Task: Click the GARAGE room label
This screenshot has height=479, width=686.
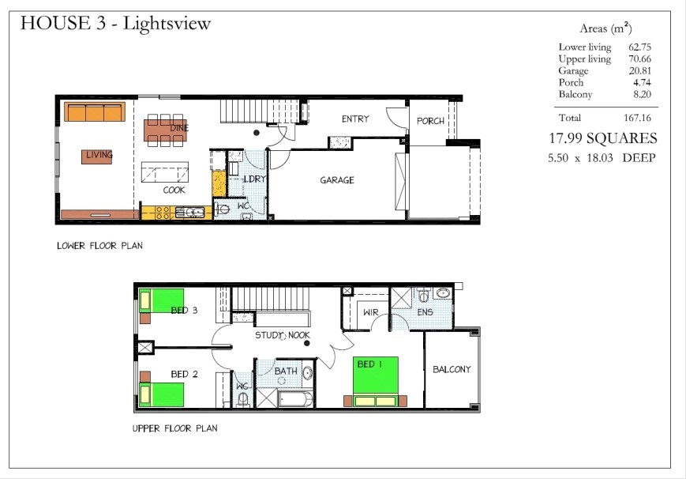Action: tap(337, 180)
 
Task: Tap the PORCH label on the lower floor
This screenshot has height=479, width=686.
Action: tap(430, 121)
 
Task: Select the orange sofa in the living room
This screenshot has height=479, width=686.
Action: tap(95, 111)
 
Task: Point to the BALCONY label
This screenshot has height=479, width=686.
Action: tap(452, 369)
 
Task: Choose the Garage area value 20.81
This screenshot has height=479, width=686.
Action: tap(639, 70)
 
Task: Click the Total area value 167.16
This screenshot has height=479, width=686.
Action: tap(637, 118)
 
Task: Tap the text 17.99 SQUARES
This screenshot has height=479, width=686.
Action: tap(603, 138)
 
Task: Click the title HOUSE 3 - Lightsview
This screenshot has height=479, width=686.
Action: tap(115, 23)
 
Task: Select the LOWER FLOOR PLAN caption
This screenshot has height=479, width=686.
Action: tap(99, 246)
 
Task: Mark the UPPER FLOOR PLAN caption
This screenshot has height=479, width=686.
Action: tap(175, 428)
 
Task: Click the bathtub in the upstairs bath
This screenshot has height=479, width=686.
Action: tap(295, 399)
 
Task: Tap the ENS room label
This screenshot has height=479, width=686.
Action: tap(425, 312)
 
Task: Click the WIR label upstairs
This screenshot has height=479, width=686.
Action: tap(370, 312)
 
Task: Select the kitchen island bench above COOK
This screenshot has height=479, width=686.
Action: tap(165, 172)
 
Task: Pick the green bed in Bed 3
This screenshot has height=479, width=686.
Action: tap(162, 300)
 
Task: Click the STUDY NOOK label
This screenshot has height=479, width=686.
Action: tap(283, 335)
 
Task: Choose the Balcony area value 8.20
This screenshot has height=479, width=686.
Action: tap(642, 94)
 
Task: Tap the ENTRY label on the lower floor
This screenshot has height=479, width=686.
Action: tap(355, 119)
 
